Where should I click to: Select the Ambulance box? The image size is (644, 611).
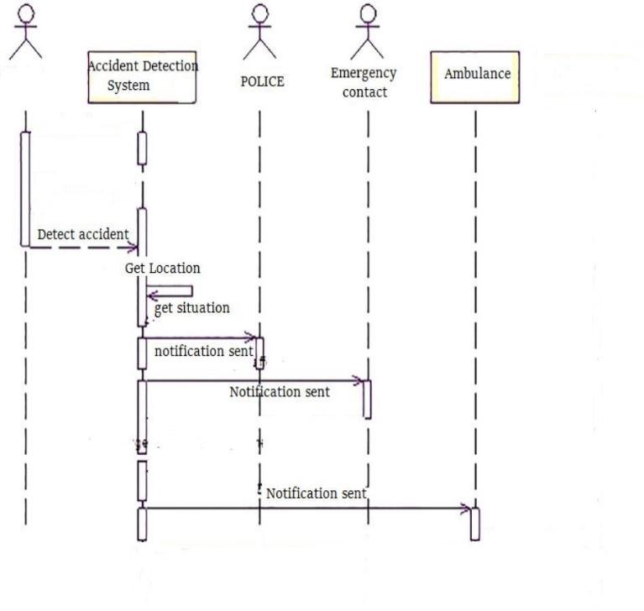475,76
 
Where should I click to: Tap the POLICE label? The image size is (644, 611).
262,81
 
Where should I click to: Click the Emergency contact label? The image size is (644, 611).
365,82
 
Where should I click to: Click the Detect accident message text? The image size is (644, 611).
83,234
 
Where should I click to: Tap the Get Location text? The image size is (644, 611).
163,269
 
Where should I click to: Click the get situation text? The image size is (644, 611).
191,308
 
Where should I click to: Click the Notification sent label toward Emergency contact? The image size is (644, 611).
280,391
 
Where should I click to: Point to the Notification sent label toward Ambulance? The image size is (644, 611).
317,493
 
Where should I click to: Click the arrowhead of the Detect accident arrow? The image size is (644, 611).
133,248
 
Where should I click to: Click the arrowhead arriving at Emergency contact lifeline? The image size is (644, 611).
360,380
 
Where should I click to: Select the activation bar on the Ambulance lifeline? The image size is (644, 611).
474,524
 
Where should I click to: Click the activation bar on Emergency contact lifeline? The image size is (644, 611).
367,399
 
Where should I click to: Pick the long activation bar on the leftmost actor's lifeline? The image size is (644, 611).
25,188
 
